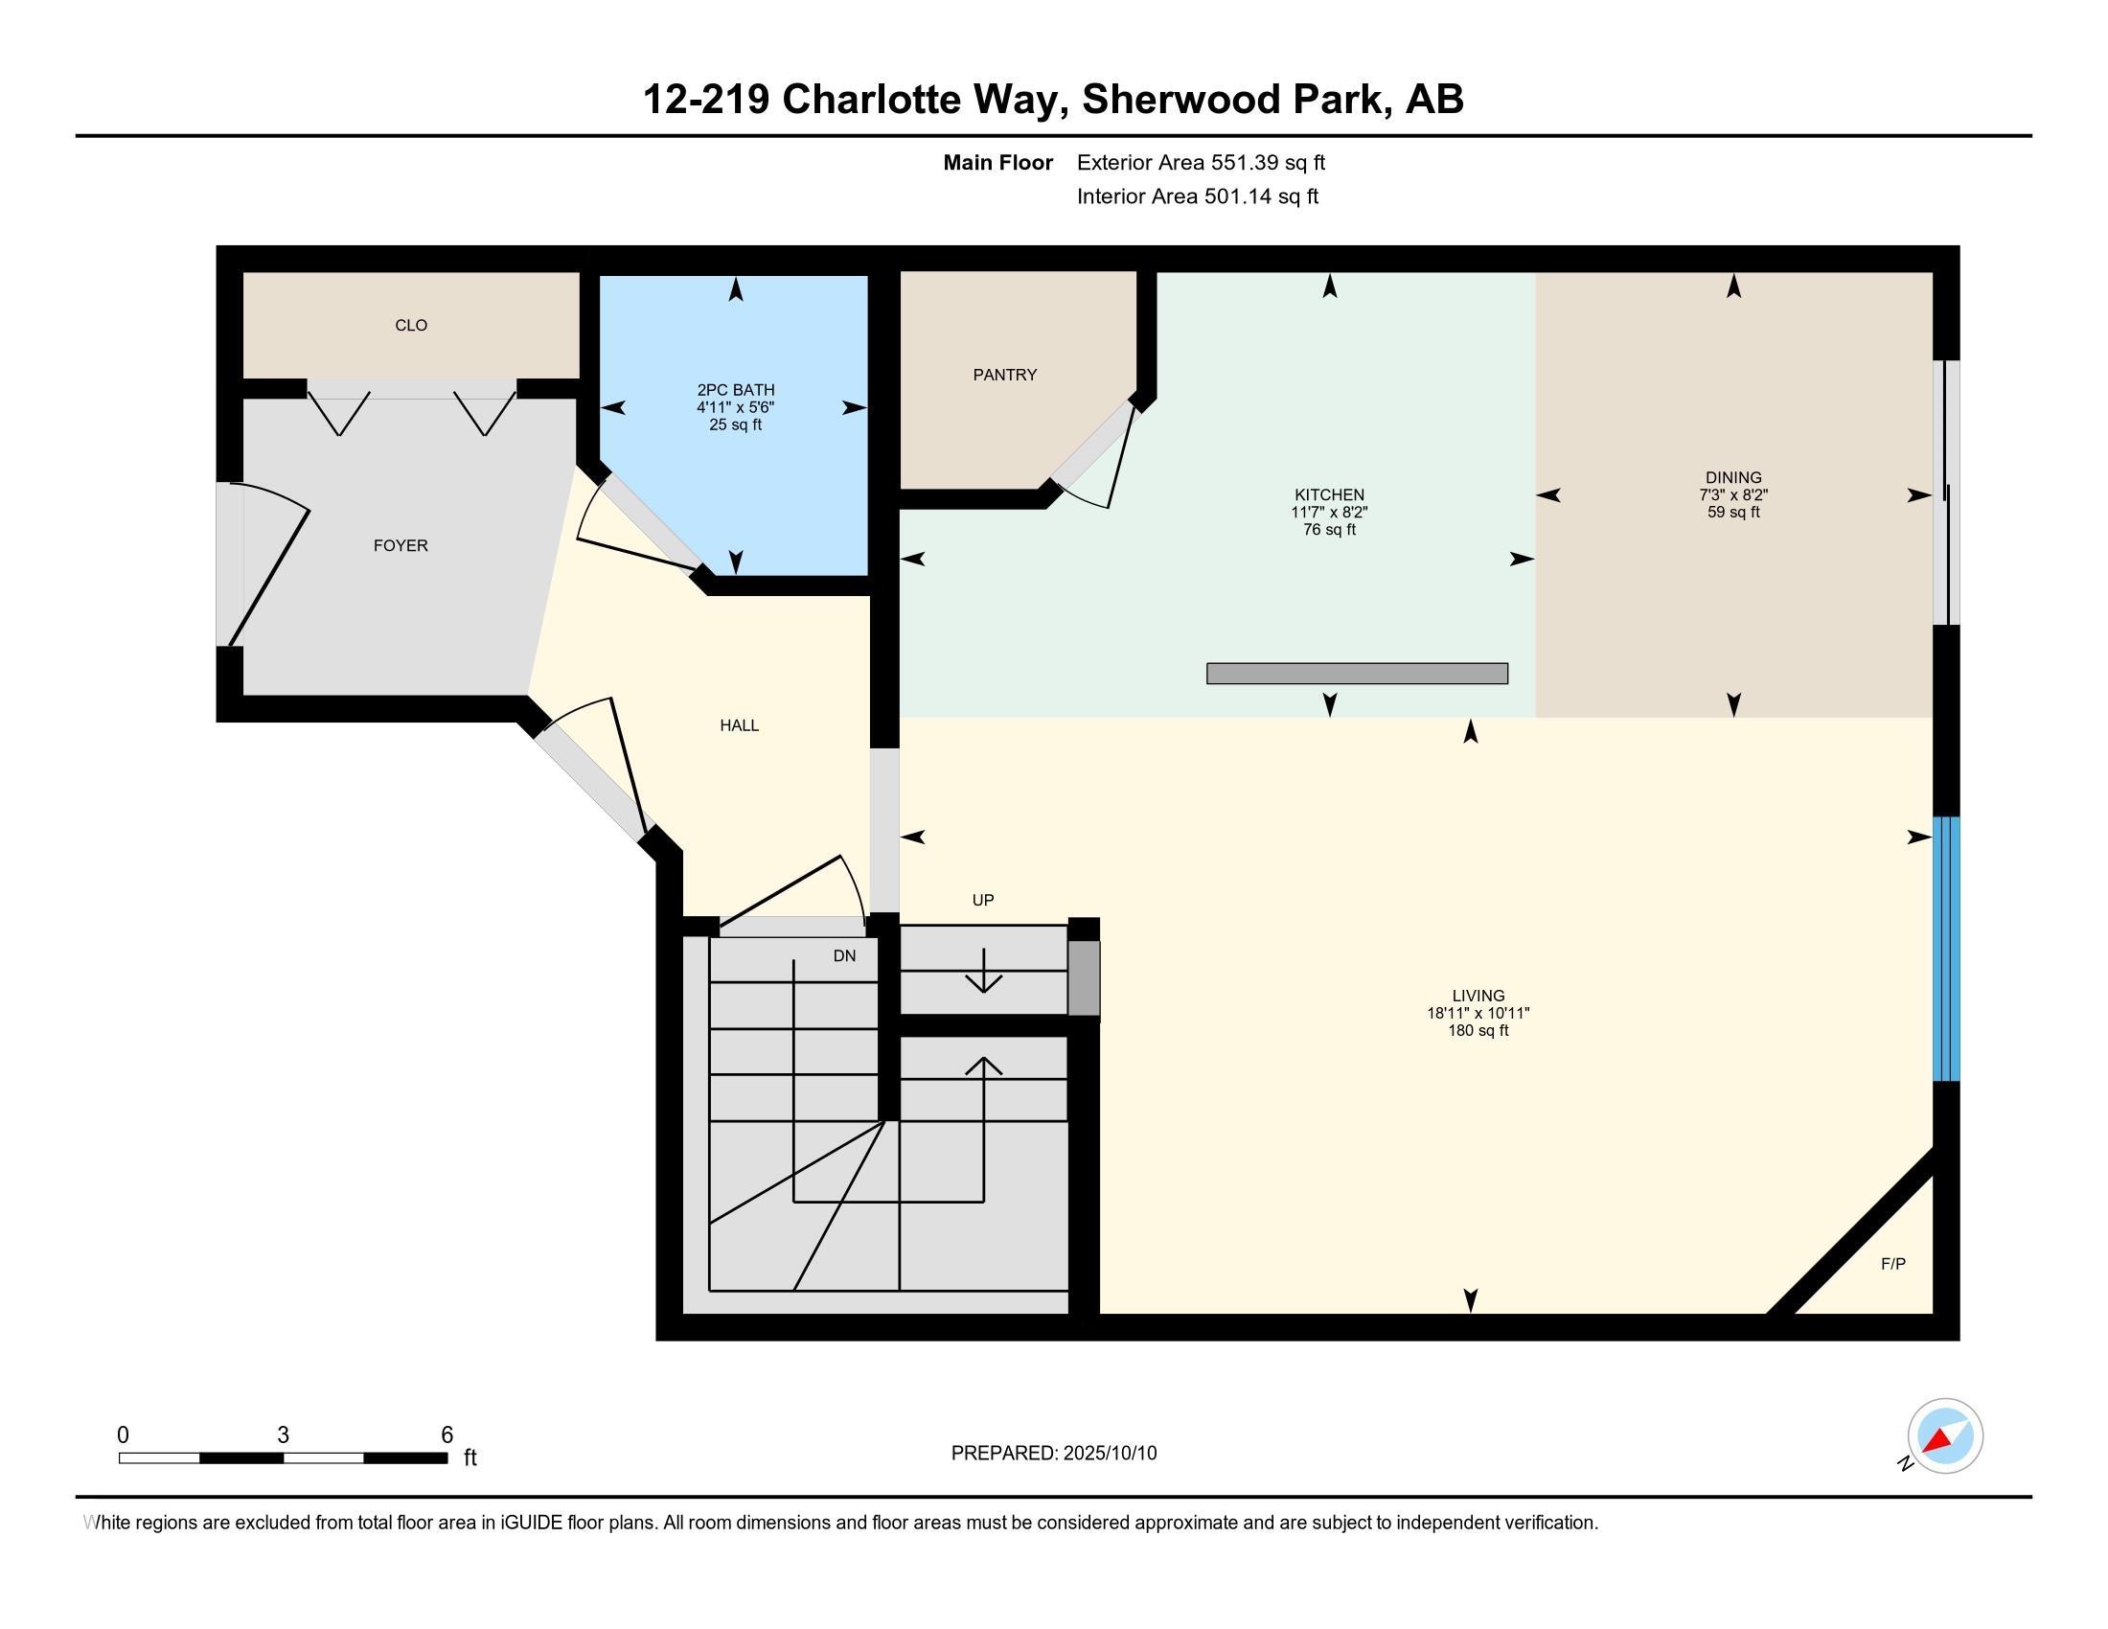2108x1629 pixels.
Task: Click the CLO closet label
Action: click(411, 325)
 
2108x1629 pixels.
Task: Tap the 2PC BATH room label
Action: click(736, 390)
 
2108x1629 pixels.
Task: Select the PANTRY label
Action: click(1005, 375)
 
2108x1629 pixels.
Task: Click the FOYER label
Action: click(401, 545)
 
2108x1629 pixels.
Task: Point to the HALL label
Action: click(740, 724)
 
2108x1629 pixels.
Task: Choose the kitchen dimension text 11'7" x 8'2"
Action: click(1329, 513)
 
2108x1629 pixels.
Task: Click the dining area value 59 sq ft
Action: click(1733, 513)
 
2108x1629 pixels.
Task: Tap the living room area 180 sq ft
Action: click(1478, 1031)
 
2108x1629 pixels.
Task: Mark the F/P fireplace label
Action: click(1892, 1263)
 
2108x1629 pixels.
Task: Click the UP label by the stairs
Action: click(982, 900)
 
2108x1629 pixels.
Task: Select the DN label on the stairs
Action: click(844, 955)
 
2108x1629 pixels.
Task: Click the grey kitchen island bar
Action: click(1357, 673)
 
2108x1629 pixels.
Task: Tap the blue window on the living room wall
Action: click(1946, 949)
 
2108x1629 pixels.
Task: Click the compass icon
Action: click(1945, 1435)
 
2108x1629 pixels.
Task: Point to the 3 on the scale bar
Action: click(283, 1435)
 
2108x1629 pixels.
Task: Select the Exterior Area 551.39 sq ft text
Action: click(1201, 162)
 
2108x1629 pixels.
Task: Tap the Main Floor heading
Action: click(998, 162)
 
